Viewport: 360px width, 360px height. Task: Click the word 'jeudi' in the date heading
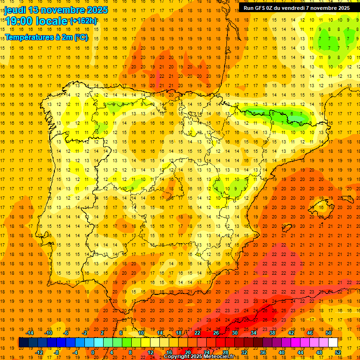pyautogui.click(x=15, y=10)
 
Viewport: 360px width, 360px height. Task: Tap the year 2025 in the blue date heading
pyautogui.click(x=97, y=10)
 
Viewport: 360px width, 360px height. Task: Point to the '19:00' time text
pyautogui.click(x=20, y=21)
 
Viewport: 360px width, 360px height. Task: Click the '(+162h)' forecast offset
pyautogui.click(x=83, y=21)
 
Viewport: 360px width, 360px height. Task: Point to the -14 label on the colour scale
pyautogui.click(x=30, y=333)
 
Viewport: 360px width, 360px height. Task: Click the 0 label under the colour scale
pyautogui.click(x=93, y=352)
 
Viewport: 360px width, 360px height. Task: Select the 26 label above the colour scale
pyautogui.click(x=216, y=333)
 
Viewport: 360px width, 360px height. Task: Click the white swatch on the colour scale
pyautogui.click(x=333, y=343)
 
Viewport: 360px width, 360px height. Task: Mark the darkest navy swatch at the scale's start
pyautogui.click(x=23, y=343)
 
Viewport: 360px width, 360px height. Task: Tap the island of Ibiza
pyautogui.click(x=287, y=228)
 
